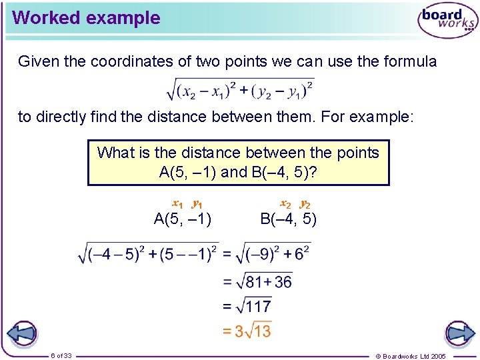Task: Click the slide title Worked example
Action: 86,18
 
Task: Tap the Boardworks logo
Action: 447,21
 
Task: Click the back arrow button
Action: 22,334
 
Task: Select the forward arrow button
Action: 459,334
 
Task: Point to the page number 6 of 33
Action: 61,355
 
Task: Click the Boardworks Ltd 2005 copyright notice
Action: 420,356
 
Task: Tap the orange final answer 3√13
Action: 247,331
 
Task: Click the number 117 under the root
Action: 258,307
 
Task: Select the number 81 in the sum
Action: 254,282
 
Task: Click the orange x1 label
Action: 178,203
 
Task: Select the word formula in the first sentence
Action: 410,62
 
